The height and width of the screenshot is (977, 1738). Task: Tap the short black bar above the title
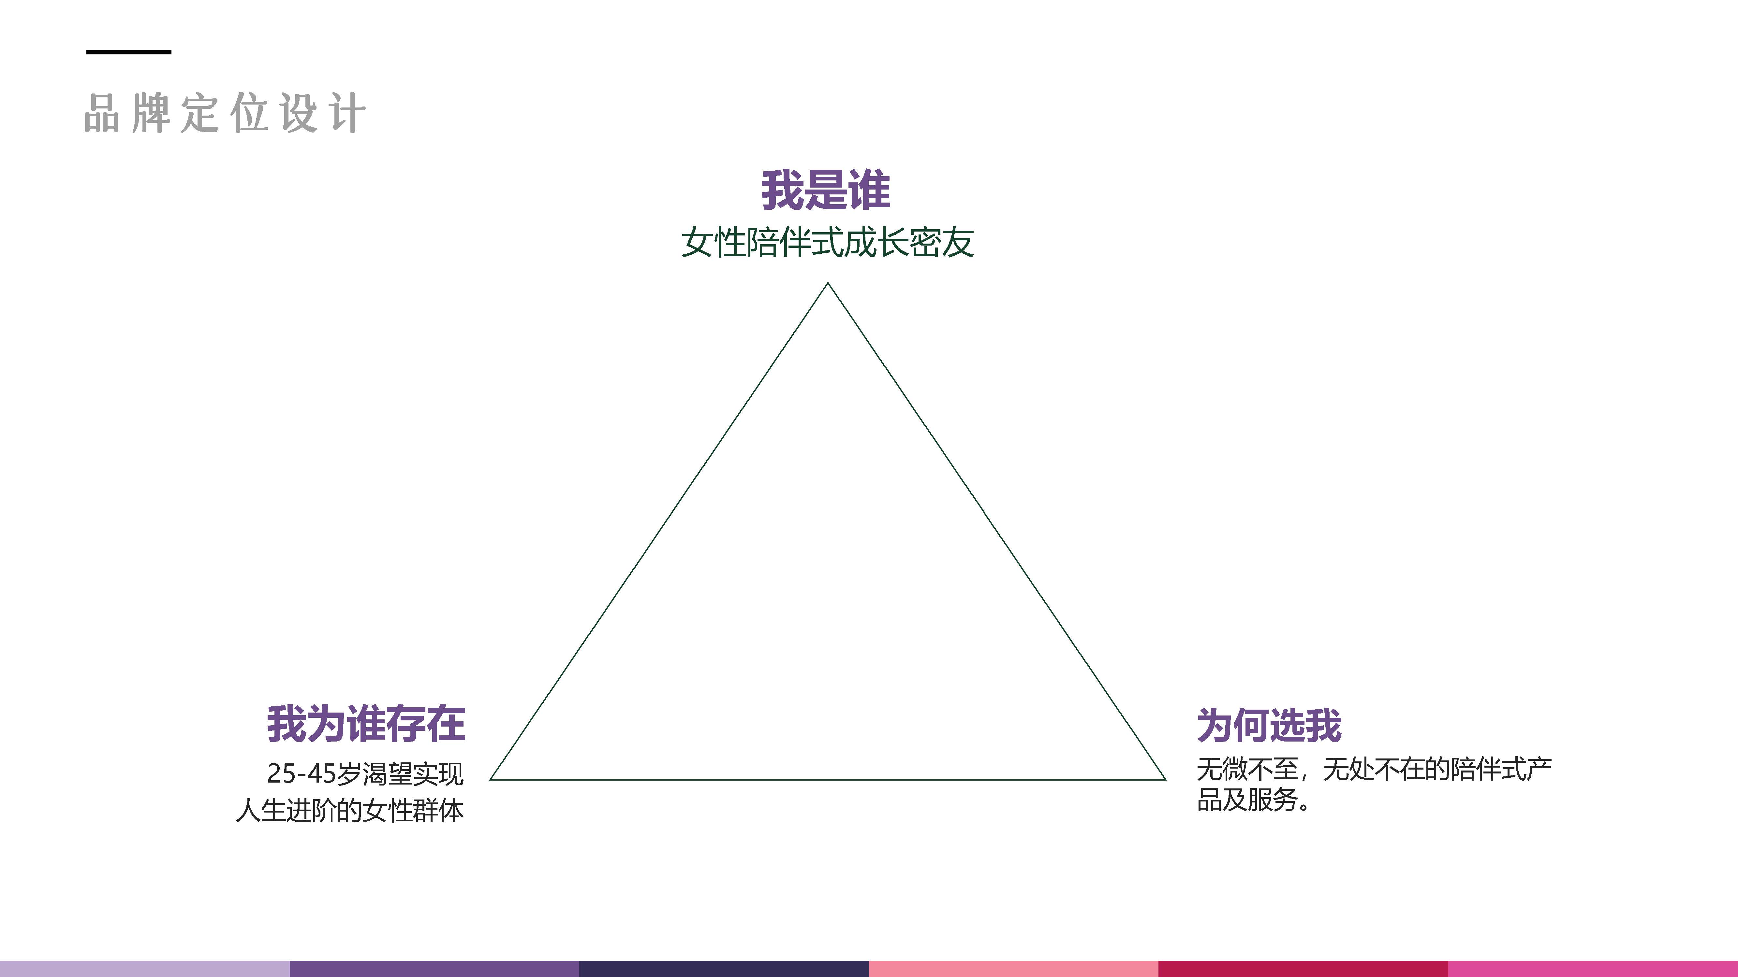pos(129,52)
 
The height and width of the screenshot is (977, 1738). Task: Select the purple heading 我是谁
pos(826,190)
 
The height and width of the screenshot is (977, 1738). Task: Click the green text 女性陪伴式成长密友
pos(827,243)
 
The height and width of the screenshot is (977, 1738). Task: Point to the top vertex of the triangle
pos(828,284)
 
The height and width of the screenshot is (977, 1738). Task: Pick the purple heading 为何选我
pos(1269,726)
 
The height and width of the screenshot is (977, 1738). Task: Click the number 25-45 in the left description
pos(301,773)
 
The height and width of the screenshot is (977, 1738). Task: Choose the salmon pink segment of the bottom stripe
pos(1013,969)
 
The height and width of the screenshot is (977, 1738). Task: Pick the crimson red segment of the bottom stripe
pos(1303,969)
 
